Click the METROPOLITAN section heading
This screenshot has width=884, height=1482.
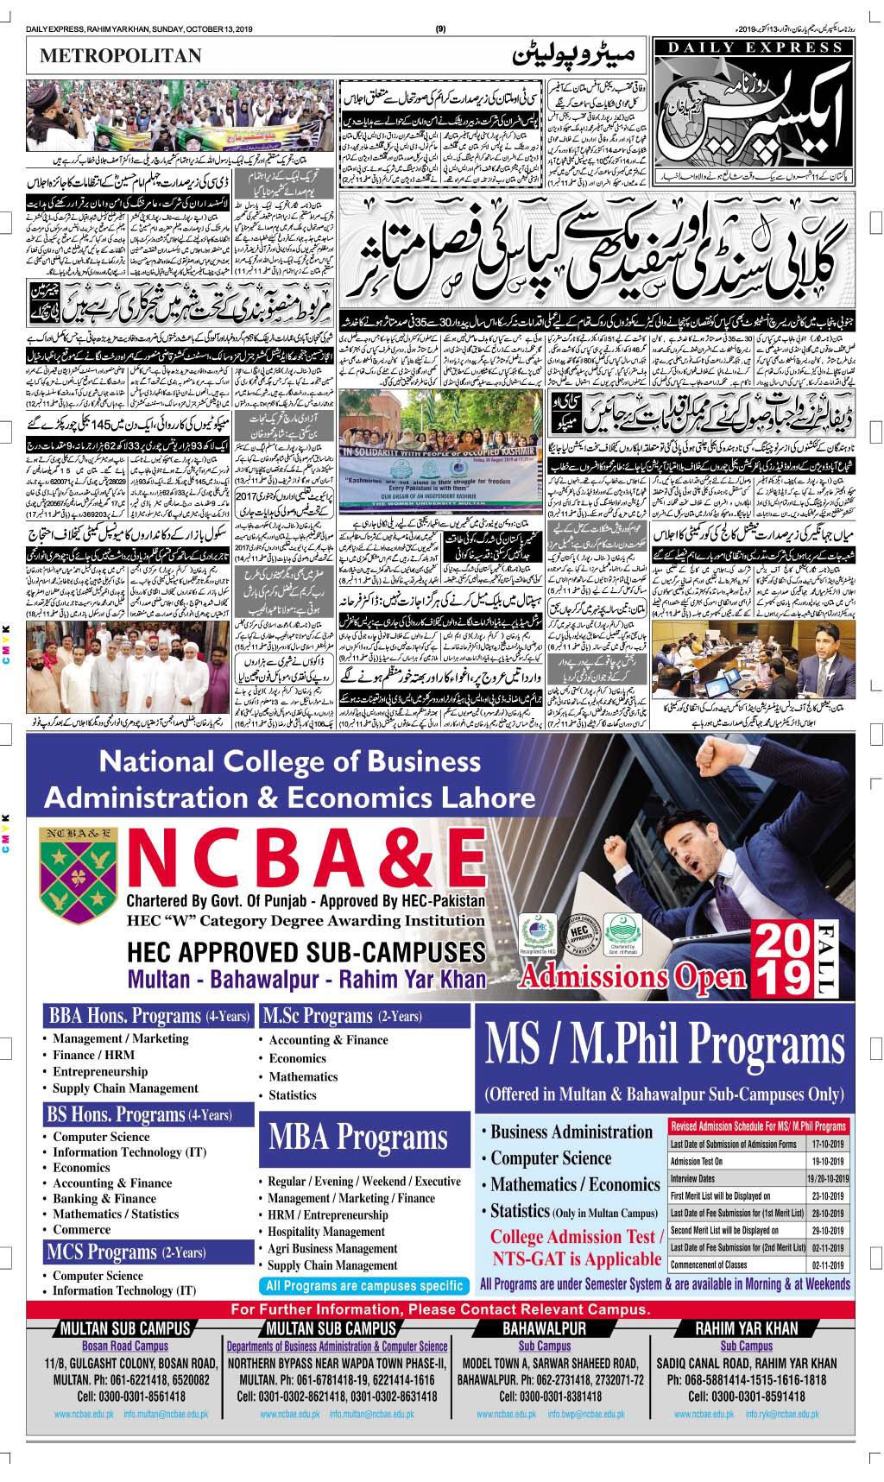120,57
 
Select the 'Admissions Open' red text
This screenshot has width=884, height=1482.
634,976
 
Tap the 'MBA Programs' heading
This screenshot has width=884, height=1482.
357,1136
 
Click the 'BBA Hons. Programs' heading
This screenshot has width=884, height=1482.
148,1016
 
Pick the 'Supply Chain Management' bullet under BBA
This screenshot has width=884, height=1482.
125,1088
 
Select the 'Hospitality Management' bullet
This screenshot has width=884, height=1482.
326,1232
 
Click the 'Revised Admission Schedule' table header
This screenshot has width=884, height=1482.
758,1126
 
